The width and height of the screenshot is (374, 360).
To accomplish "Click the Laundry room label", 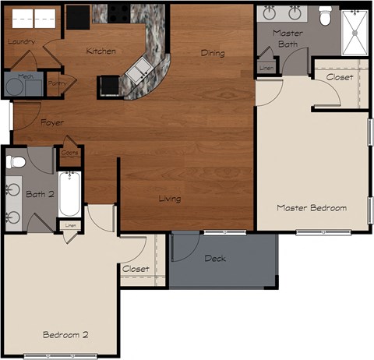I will coord(21,41).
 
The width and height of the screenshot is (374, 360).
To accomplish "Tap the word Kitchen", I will coord(101,51).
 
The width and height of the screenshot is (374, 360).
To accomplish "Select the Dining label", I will coord(213,54).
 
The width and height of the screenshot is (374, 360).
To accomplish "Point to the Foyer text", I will coord(52,123).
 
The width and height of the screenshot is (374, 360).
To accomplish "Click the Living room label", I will coord(170,199).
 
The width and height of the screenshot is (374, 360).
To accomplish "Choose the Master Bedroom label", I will coord(312,207).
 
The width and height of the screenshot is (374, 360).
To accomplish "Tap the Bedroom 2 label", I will coord(65,334).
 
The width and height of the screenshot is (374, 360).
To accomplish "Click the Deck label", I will coord(215,259).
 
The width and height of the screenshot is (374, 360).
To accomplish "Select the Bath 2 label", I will coord(39,194).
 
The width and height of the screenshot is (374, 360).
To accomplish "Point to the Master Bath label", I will coord(288,39).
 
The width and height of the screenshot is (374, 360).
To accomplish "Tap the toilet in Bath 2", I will coord(16,162).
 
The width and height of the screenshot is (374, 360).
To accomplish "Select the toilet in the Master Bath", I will coord(325,16).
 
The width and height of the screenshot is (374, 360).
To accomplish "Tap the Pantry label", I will coord(56,83).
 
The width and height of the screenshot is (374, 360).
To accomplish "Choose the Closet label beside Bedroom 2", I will coord(136,269).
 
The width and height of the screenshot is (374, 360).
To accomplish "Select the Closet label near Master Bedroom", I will coord(339,78).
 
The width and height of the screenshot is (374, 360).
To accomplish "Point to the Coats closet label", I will coord(69,154).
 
